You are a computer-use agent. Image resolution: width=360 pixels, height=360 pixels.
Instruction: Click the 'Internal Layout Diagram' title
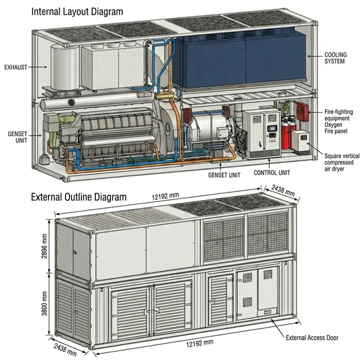tap(77, 12)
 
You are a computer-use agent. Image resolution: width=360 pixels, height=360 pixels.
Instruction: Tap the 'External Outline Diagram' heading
tap(79, 197)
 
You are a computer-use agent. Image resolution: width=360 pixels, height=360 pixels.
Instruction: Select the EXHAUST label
tap(16, 67)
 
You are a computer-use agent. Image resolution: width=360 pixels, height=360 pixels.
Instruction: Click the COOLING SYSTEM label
tap(335, 58)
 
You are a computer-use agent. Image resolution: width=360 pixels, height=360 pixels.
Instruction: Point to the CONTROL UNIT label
tap(272, 173)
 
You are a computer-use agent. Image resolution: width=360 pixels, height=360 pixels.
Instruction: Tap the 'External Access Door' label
tap(312, 338)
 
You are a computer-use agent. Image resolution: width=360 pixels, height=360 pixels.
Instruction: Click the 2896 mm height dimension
tap(44, 246)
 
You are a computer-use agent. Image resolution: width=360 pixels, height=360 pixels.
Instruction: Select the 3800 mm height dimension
tap(44, 303)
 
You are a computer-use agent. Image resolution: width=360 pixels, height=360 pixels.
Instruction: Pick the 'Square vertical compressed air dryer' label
tap(342, 162)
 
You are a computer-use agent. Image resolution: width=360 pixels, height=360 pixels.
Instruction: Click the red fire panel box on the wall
tap(302, 112)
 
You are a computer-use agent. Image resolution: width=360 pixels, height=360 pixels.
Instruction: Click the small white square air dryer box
tap(301, 142)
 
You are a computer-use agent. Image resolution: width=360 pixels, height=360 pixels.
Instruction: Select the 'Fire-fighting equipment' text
tap(338, 115)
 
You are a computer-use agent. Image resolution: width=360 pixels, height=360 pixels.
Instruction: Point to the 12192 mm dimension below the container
tap(199, 343)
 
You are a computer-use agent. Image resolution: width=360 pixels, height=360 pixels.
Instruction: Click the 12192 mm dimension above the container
tap(165, 196)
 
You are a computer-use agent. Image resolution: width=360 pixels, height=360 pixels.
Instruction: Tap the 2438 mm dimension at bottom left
tap(65, 350)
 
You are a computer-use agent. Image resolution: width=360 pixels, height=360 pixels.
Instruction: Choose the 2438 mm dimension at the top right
tap(283, 190)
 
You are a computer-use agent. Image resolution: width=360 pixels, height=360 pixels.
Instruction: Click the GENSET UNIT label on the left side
tap(18, 137)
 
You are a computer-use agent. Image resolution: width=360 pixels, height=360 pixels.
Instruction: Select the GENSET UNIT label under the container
tap(224, 175)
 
